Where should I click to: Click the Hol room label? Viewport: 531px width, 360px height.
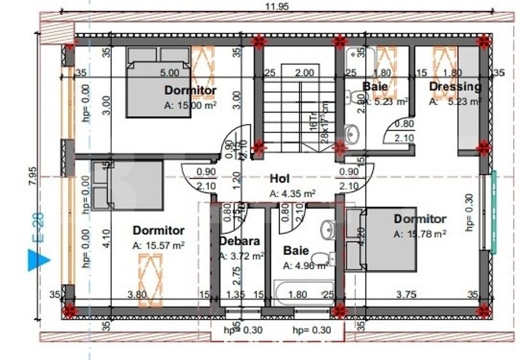click(280, 179)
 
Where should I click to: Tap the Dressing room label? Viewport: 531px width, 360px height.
click(455, 86)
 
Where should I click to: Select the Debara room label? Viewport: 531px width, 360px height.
click(239, 241)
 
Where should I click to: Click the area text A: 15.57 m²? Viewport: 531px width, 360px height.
click(159, 245)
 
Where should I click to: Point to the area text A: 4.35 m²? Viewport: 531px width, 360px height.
click(292, 193)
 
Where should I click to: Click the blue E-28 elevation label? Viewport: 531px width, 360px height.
click(38, 233)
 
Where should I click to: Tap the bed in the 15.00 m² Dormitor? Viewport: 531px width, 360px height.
click(158, 82)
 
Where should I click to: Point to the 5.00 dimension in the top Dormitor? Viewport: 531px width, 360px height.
click(170, 73)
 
